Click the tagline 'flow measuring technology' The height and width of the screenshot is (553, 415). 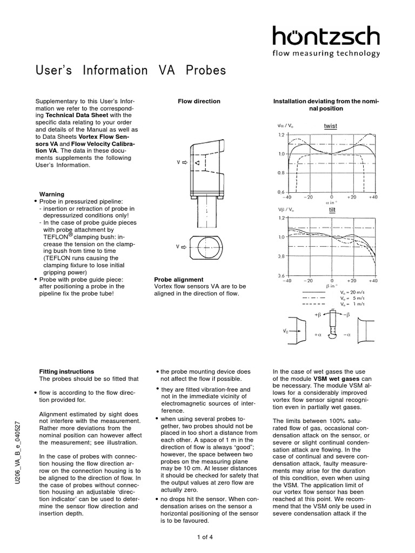point(326,53)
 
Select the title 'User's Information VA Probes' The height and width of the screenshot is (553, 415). point(130,71)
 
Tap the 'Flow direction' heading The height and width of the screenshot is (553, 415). point(199,101)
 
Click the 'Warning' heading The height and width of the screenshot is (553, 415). point(52,194)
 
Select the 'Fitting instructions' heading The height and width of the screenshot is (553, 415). point(66,372)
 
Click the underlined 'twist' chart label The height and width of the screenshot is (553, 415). point(330,126)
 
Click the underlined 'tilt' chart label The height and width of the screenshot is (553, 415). point(332,210)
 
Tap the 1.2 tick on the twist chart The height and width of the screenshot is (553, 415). point(280,134)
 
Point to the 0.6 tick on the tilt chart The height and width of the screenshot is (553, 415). point(280,276)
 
